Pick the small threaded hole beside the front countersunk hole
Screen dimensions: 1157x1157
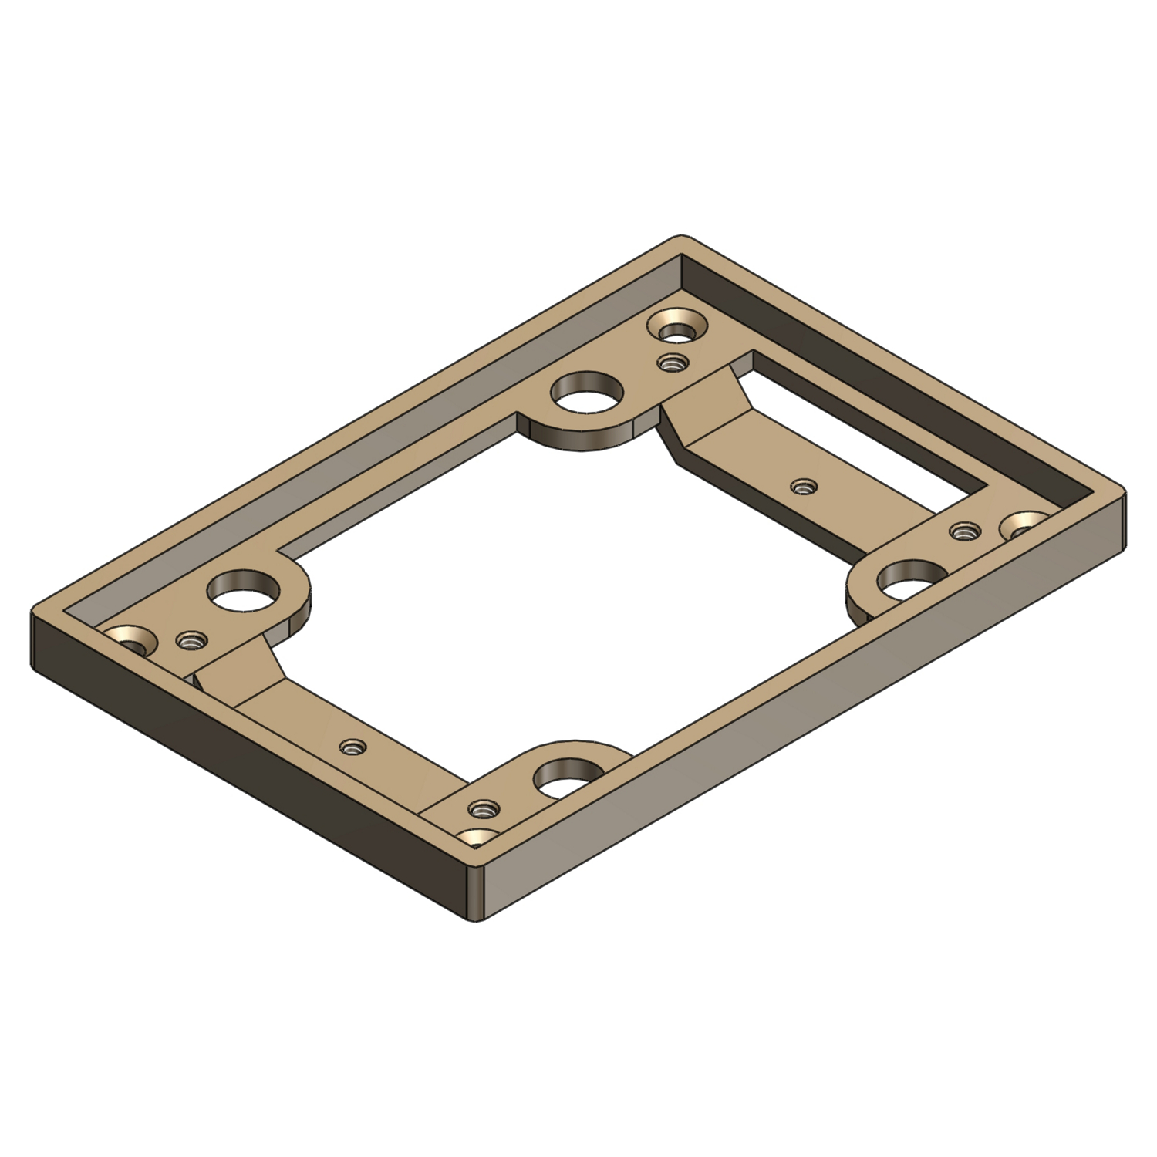(x=483, y=809)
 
